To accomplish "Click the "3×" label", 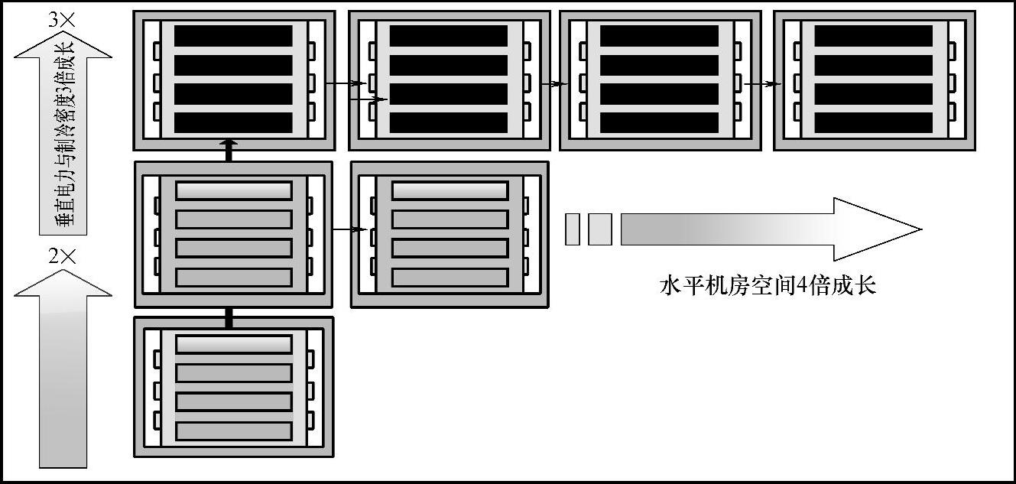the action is [62, 21].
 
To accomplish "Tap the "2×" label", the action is [62, 257].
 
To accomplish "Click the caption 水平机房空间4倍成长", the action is [768, 286].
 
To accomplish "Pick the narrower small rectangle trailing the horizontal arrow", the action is [572, 229].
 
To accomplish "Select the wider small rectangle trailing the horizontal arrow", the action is [600, 229].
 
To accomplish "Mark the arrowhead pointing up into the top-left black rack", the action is [229, 143].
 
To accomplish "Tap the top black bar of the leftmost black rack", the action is [233, 36].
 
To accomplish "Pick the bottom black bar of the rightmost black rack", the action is [873, 122].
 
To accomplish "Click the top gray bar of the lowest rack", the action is [233, 344].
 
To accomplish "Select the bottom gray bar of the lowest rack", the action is [233, 430].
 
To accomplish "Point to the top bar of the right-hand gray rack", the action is [450, 190].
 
